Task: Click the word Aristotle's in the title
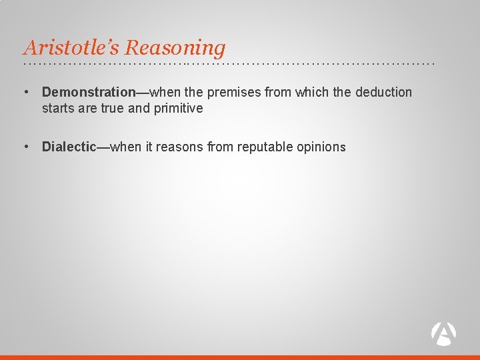click(72, 48)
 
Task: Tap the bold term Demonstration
click(89, 92)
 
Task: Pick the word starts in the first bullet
click(57, 108)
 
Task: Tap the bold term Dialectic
click(69, 147)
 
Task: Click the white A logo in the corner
click(443, 333)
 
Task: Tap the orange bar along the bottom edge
click(240, 357)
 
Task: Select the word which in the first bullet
click(313, 92)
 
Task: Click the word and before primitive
click(137, 108)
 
